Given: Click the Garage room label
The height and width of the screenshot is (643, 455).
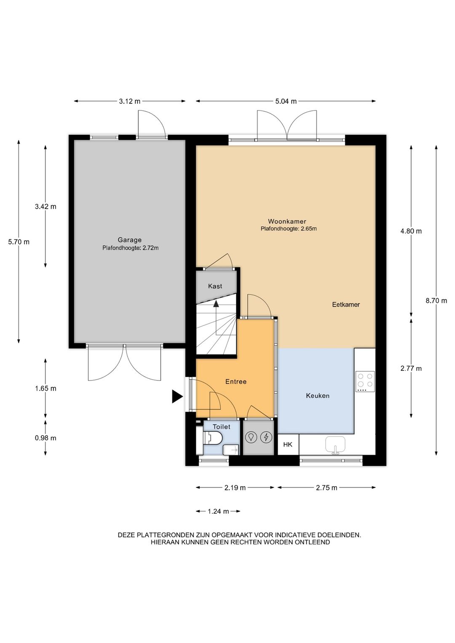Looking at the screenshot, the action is coord(129,240).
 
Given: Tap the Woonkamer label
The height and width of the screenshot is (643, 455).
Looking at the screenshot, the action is coord(287,221).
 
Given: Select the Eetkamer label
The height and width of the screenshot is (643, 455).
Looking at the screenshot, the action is coord(346,305).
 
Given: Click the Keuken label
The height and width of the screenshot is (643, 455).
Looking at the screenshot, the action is coord(318,396).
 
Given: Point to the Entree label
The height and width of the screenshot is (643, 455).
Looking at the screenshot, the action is coord(236,381).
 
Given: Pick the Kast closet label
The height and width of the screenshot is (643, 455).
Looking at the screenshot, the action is coord(215,286).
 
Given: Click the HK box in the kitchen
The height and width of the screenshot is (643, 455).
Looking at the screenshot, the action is coord(288,445).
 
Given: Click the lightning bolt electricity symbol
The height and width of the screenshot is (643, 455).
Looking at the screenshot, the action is coord(266,437).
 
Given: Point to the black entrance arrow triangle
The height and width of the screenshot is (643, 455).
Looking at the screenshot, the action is coord(177,397).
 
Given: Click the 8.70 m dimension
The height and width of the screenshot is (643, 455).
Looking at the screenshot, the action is coord(436,300).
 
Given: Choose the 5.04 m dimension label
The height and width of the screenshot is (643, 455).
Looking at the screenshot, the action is coord(286,101).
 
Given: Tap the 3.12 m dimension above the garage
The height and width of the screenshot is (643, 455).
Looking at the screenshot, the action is coord(130,101).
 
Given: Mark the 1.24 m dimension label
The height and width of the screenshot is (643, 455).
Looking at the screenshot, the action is coord(218,511).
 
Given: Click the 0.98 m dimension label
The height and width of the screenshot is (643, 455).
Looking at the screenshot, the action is coord(45,438).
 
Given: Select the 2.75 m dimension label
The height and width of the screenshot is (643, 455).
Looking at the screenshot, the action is coord(327,488).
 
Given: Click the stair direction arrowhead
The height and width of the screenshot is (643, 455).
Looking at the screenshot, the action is coord(216,304).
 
